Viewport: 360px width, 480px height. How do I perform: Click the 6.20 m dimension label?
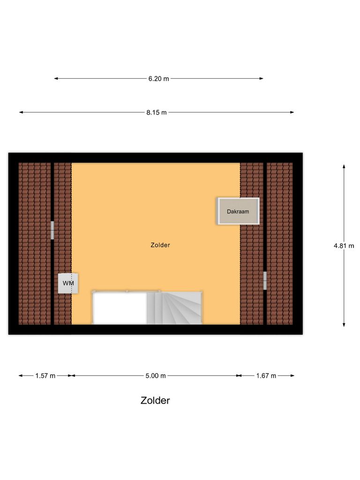[x=158, y=79]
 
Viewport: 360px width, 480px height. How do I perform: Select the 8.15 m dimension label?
[x=157, y=112]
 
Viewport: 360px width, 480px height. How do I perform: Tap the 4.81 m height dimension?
[x=344, y=245]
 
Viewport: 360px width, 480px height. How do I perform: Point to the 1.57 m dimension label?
[x=45, y=375]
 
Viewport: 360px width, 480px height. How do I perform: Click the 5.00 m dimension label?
[x=156, y=375]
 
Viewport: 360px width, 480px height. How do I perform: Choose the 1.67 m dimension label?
[x=266, y=375]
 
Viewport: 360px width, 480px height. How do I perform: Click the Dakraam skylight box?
[x=238, y=211]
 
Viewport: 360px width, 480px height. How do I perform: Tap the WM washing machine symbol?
[x=68, y=284]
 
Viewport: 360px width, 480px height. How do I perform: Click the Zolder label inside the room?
[x=160, y=245]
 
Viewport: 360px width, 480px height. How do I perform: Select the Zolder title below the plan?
[x=155, y=401]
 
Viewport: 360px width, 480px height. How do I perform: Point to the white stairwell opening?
[x=120, y=308]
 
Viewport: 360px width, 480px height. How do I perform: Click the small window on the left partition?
[x=53, y=230]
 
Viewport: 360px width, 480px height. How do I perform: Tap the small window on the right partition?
[x=265, y=280]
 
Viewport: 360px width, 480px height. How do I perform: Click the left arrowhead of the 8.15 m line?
[x=21, y=112]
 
